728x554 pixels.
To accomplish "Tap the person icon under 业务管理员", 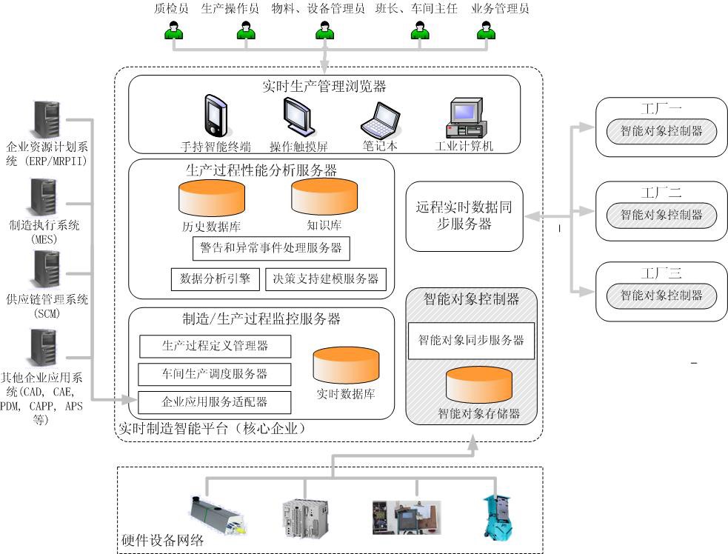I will click(x=486, y=31).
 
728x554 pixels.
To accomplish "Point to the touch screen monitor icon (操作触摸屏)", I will click(x=298, y=117).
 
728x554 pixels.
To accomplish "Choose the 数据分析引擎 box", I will click(x=215, y=278).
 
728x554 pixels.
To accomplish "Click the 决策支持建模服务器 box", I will click(x=326, y=278).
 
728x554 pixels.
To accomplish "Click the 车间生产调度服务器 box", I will click(x=215, y=374).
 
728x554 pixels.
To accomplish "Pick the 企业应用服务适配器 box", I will click(x=215, y=402).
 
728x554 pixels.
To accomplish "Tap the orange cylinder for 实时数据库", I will click(x=346, y=365).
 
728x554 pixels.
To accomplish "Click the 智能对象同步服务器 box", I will click(x=471, y=341).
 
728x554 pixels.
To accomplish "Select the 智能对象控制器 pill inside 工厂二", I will click(x=661, y=216).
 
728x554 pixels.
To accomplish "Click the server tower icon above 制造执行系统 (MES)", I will click(x=46, y=198).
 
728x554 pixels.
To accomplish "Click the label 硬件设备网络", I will click(x=162, y=541).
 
